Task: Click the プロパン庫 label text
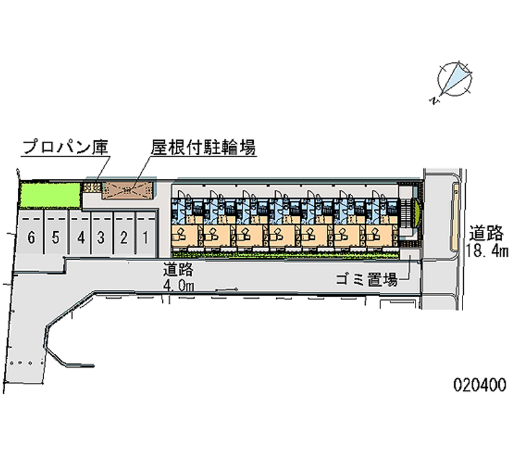tap(66, 148)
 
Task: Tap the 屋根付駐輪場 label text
tap(203, 148)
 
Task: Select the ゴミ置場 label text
tap(367, 280)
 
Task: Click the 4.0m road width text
tap(178, 286)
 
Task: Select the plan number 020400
tap(480, 385)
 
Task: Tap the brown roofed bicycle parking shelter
tap(128, 190)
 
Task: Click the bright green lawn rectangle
tap(50, 195)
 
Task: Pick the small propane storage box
tap(92, 187)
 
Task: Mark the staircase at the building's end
tap(405, 213)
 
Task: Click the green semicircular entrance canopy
tap(416, 213)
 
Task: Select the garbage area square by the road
tap(410, 254)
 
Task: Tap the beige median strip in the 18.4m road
tap(455, 217)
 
